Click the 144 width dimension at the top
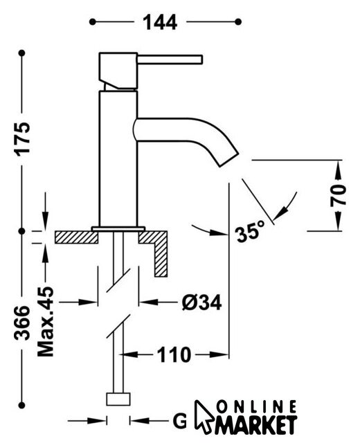point(160,22)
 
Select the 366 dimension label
point(22,323)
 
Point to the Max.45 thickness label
point(45,321)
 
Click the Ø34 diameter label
point(201,302)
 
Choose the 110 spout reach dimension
point(174,354)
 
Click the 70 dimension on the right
point(338,195)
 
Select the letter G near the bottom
point(180,422)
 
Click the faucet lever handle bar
point(170,60)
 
